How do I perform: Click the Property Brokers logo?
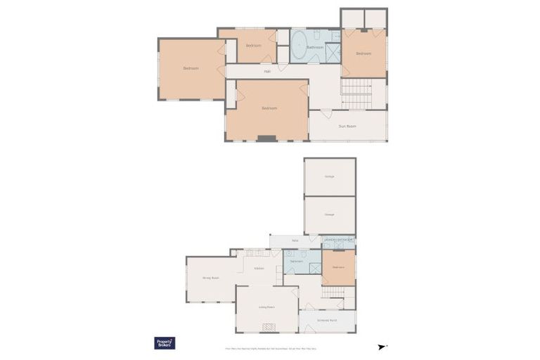tap(165, 343)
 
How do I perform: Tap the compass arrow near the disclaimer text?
tap(382, 347)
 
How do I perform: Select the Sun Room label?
tap(347, 127)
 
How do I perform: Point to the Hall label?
tap(267, 71)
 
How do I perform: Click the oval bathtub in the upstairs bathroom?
tap(298, 47)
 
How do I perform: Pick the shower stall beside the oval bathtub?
tap(333, 53)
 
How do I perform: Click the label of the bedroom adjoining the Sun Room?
tap(269, 108)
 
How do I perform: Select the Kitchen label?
tap(259, 269)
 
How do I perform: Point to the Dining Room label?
tap(211, 278)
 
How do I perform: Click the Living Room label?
tap(266, 307)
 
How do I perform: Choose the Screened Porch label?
tap(328, 321)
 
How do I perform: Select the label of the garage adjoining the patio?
tap(329, 214)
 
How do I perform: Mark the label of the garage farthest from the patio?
tap(329, 176)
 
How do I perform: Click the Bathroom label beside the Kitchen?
tap(297, 262)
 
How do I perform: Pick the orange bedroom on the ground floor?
tap(338, 267)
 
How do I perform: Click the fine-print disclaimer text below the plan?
tap(271, 348)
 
